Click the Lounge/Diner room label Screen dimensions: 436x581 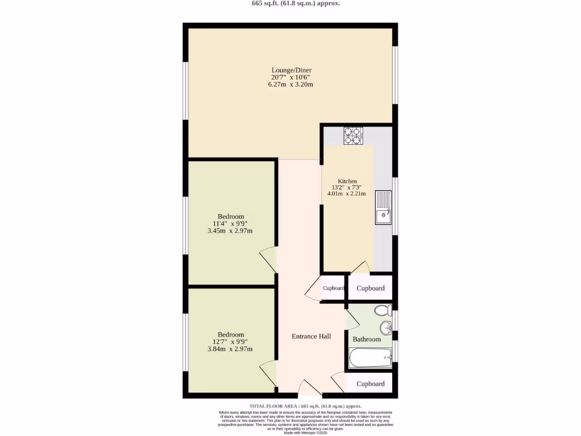tap(290, 70)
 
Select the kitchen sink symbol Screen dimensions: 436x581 tap(384, 208)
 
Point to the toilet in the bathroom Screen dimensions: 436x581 tap(384, 311)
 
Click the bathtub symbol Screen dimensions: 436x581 tap(370, 358)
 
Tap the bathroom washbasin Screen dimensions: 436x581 tap(386, 328)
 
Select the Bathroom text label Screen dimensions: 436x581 tap(367, 339)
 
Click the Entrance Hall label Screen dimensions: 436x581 tap(311, 336)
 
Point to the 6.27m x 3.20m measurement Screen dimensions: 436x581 tap(290, 85)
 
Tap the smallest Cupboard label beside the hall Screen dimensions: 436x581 tap(334, 288)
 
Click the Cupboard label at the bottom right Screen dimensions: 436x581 tap(371, 384)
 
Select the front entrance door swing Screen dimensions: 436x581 tap(310, 388)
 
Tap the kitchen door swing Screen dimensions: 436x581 tap(361, 267)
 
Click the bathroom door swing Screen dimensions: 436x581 tap(352, 320)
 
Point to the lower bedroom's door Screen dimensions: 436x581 tap(268, 375)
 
